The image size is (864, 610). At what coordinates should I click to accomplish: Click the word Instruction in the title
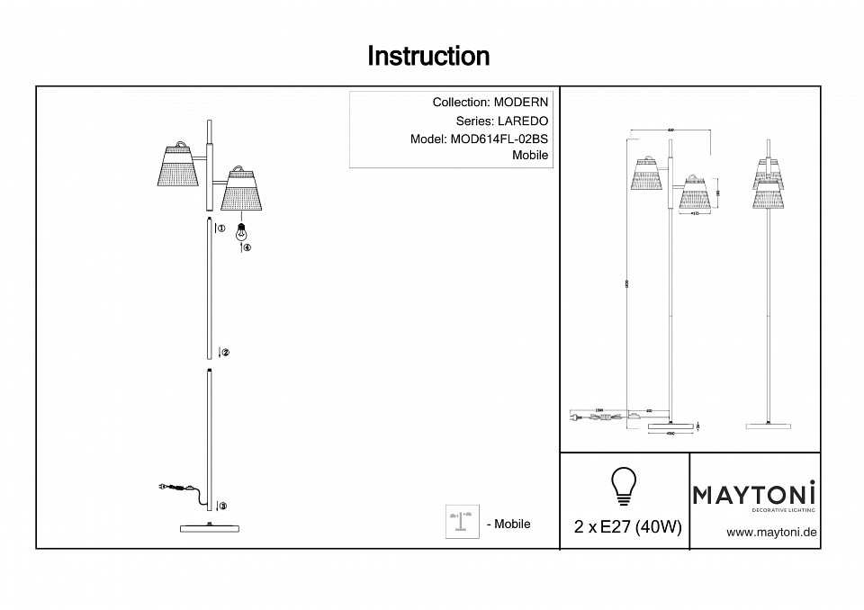click(x=428, y=57)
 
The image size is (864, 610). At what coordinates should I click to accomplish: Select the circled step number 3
click(x=222, y=507)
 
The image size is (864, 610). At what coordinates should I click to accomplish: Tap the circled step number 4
click(x=247, y=248)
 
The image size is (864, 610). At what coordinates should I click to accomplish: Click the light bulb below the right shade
click(x=240, y=230)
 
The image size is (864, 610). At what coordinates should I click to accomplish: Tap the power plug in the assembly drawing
click(x=162, y=487)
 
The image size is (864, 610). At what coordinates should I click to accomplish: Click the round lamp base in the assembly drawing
click(x=211, y=527)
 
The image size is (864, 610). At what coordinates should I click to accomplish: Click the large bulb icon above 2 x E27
click(x=623, y=487)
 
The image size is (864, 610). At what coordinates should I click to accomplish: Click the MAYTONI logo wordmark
click(x=754, y=493)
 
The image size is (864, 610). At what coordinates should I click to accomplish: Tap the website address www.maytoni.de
click(x=771, y=533)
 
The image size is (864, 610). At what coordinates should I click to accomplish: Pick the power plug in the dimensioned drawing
click(x=574, y=416)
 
